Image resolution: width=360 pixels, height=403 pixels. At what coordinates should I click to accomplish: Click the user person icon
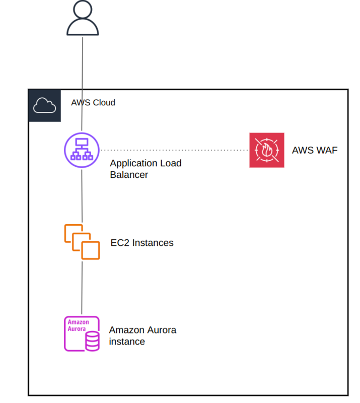tap(83, 19)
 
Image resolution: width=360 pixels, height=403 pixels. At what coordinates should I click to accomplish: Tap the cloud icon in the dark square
tap(44, 106)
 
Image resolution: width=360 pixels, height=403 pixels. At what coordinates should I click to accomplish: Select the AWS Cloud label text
tap(93, 103)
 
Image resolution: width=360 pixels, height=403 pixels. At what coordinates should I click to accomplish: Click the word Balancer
tap(129, 175)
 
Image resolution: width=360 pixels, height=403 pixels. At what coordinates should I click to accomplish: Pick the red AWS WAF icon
tap(266, 150)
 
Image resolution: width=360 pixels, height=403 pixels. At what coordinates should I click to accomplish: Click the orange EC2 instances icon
tap(82, 242)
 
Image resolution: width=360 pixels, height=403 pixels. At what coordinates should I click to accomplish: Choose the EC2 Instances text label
tap(142, 243)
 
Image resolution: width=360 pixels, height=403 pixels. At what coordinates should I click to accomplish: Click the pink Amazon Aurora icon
tap(82, 333)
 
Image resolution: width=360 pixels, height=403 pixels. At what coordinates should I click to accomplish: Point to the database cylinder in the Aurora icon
tap(92, 341)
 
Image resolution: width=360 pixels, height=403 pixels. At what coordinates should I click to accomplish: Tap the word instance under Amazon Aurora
tap(127, 342)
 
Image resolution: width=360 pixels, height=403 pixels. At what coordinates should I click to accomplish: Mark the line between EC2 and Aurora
tap(82, 287)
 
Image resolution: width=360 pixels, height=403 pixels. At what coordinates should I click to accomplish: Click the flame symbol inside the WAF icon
tap(267, 150)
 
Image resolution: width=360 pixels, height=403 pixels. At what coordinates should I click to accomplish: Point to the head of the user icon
tap(83, 10)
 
